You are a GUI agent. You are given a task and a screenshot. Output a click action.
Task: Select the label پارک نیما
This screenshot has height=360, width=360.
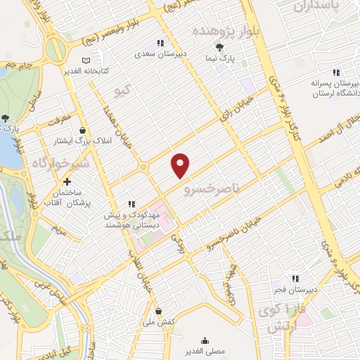pyautogui.click(x=224, y=58)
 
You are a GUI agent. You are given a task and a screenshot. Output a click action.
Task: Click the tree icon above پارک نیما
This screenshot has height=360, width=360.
pyautogui.click(x=220, y=47)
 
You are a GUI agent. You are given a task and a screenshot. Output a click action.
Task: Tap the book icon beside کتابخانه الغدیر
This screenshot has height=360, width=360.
pyautogui.click(x=86, y=60)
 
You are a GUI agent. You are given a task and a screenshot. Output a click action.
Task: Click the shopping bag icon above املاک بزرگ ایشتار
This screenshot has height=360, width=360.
pyautogui.click(x=83, y=130)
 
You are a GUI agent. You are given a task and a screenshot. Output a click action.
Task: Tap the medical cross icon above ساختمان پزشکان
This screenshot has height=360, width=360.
pyautogui.click(x=67, y=181)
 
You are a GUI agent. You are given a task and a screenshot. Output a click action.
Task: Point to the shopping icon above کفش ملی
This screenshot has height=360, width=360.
pyautogui.click(x=158, y=311)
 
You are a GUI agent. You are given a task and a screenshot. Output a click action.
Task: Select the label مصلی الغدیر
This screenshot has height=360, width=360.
pyautogui.click(x=205, y=349)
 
